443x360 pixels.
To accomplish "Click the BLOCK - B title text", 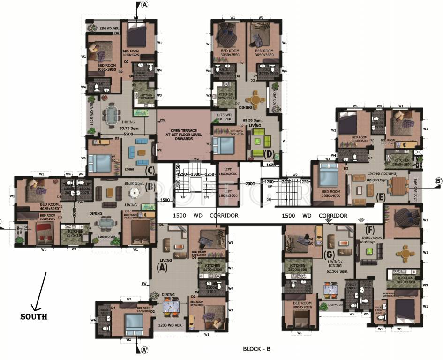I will click(257, 349).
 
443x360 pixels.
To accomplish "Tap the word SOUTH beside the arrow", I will click(33, 316).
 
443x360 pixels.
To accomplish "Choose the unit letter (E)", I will click(380, 197).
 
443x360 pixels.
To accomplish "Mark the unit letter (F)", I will click(371, 231).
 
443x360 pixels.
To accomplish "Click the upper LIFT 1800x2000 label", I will click(228, 172).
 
